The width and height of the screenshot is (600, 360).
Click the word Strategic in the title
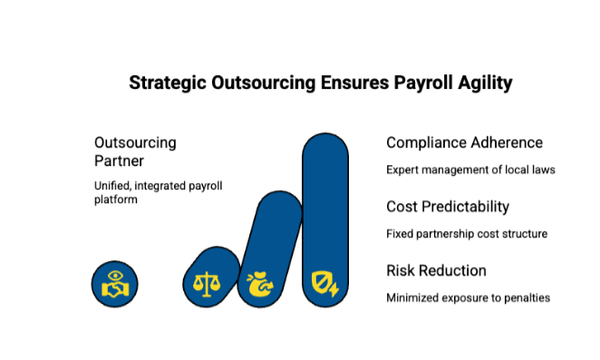pyautogui.click(x=168, y=83)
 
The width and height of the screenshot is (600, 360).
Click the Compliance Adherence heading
pyautogui.click(x=464, y=143)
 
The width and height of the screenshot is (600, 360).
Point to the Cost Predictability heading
pyautogui.click(x=448, y=207)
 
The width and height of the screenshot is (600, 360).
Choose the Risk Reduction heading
pyautogui.click(x=436, y=271)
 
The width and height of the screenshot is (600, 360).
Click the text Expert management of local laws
pyautogui.click(x=470, y=170)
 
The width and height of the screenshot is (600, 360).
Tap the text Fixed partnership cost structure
pyautogui.click(x=467, y=234)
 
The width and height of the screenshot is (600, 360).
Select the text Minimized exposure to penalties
pyautogui.click(x=468, y=297)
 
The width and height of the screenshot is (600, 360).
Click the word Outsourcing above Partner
pyautogui.click(x=135, y=143)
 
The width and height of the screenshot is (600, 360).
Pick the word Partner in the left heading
pyautogui.click(x=119, y=161)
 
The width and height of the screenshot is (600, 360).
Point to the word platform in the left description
pyautogui.click(x=116, y=199)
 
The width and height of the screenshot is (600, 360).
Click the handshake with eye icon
pyautogui.click(x=115, y=284)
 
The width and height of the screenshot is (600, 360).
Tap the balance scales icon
pyautogui.click(x=207, y=284)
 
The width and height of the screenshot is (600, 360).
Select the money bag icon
pyautogui.click(x=260, y=284)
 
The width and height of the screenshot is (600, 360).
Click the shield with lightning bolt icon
pyautogui.click(x=324, y=284)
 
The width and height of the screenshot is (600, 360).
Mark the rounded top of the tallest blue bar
pyautogui.click(x=325, y=134)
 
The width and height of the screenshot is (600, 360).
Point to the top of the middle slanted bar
pyautogui.click(x=280, y=192)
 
